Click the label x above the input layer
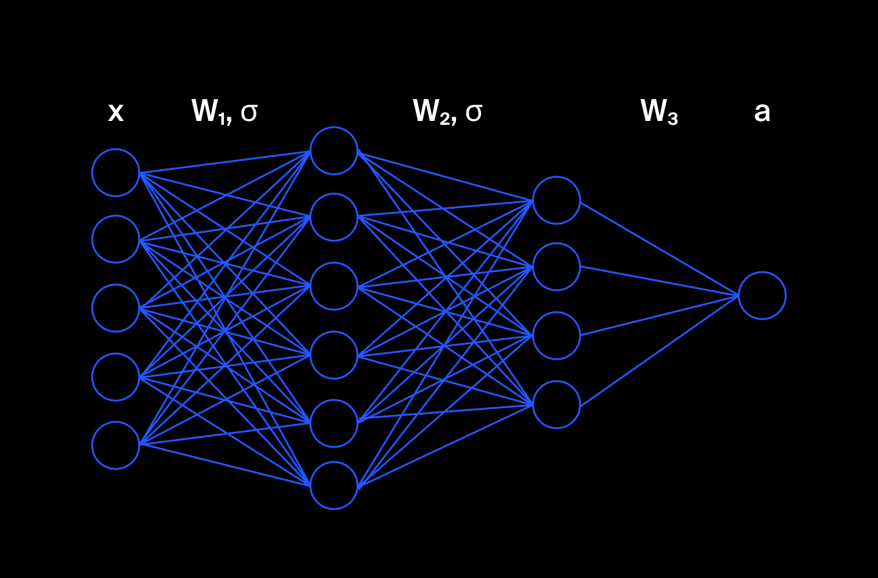pyautogui.click(x=116, y=112)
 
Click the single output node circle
pyautogui.click(x=762, y=295)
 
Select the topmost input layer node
pyautogui.click(x=115, y=172)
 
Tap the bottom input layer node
pyautogui.click(x=115, y=445)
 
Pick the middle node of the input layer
pyautogui.click(x=115, y=308)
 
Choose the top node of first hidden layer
pyautogui.click(x=334, y=150)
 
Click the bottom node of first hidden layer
pyautogui.click(x=334, y=485)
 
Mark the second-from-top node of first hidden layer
pyautogui.click(x=334, y=217)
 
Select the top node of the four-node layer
pyautogui.click(x=556, y=200)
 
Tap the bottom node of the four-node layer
pyautogui.click(x=556, y=404)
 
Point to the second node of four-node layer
pyautogui.click(x=556, y=266)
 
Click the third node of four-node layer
pyautogui.click(x=556, y=335)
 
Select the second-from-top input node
pyautogui.click(x=115, y=239)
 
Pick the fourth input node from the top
pyautogui.click(x=115, y=377)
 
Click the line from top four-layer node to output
pyautogui.click(x=658, y=248)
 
